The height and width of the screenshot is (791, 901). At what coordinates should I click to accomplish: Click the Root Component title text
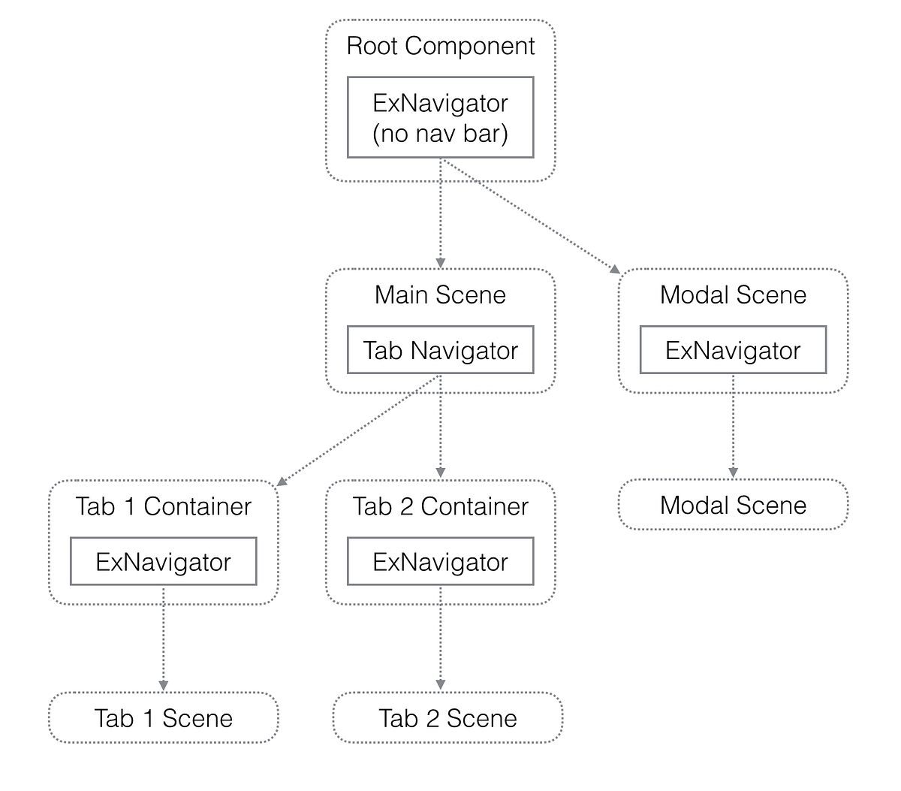[440, 47]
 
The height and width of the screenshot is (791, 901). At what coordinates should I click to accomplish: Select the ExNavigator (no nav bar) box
[440, 117]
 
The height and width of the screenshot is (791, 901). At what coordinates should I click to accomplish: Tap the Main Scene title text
[440, 295]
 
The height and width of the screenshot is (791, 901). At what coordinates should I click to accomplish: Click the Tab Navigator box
[440, 350]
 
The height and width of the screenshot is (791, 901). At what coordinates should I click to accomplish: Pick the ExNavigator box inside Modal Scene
[733, 350]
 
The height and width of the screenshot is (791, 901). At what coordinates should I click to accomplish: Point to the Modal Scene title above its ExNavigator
[733, 295]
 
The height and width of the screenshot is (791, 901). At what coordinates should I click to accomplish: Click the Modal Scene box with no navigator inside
[733, 505]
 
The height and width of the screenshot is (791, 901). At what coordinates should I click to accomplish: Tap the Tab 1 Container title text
[164, 506]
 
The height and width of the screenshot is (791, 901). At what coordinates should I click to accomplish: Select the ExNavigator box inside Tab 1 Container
[164, 562]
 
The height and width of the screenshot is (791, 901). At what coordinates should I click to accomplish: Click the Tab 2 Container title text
[440, 506]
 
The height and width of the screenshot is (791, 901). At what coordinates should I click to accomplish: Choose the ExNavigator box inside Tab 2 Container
[440, 562]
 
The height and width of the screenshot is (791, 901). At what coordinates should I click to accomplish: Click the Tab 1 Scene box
[164, 718]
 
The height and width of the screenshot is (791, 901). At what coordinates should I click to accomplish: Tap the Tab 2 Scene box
[447, 718]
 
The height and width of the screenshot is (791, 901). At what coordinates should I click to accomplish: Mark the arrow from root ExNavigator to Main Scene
[440, 214]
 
